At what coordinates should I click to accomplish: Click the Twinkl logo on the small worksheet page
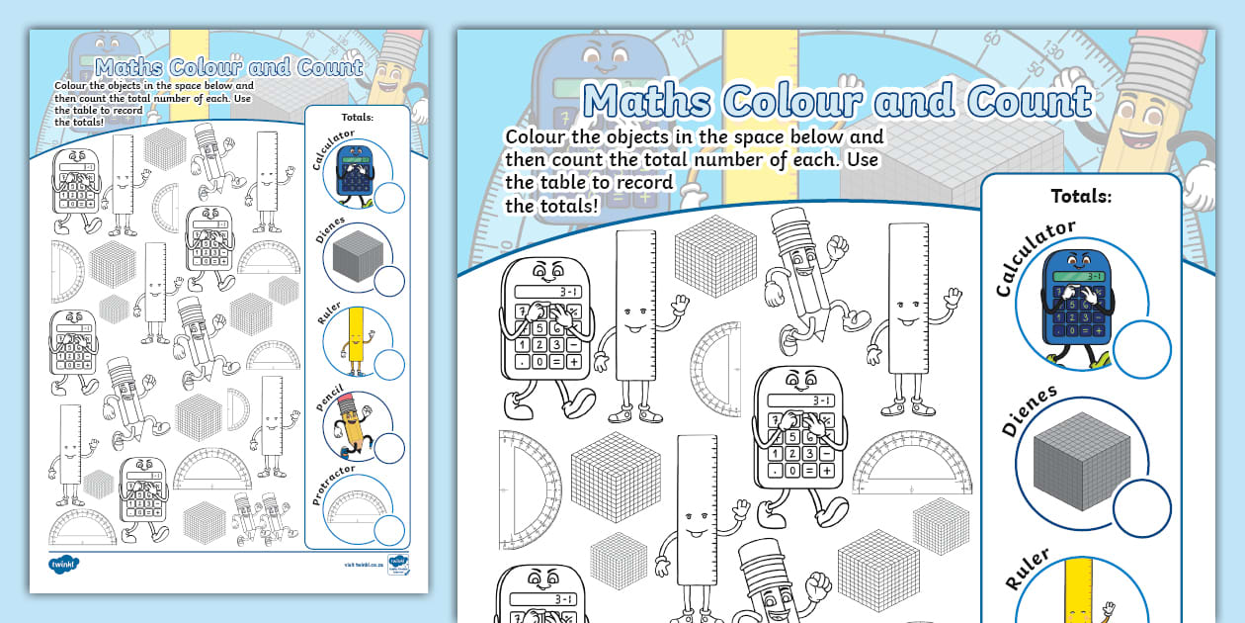point(64,565)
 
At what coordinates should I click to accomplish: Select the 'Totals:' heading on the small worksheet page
point(357,118)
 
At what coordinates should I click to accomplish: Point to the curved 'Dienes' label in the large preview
point(1029,410)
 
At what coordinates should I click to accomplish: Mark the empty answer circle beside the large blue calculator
point(1143,349)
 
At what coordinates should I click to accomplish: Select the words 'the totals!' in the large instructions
point(551,206)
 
